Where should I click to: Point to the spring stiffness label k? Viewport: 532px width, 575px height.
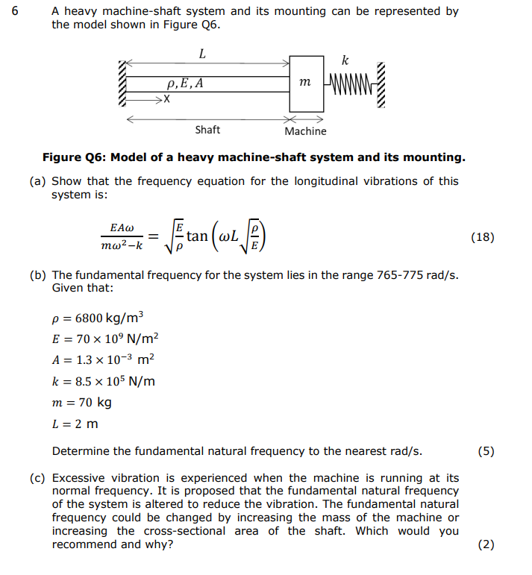click(344, 60)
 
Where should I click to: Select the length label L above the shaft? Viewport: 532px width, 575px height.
click(202, 54)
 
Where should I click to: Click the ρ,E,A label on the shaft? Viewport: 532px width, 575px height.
click(185, 84)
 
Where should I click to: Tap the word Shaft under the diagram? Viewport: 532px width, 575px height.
click(207, 130)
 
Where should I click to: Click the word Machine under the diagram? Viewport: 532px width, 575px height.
click(305, 131)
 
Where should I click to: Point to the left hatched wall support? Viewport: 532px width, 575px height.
click(122, 83)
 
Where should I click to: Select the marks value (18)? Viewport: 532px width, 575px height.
click(483, 238)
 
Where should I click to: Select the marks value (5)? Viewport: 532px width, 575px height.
click(486, 451)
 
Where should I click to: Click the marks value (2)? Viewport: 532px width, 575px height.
click(486, 544)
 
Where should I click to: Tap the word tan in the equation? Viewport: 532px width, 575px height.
click(197, 236)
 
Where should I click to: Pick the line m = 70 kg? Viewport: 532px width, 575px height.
click(82, 403)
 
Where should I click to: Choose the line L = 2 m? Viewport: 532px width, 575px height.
click(75, 424)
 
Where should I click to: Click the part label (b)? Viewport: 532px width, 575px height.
click(38, 274)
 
